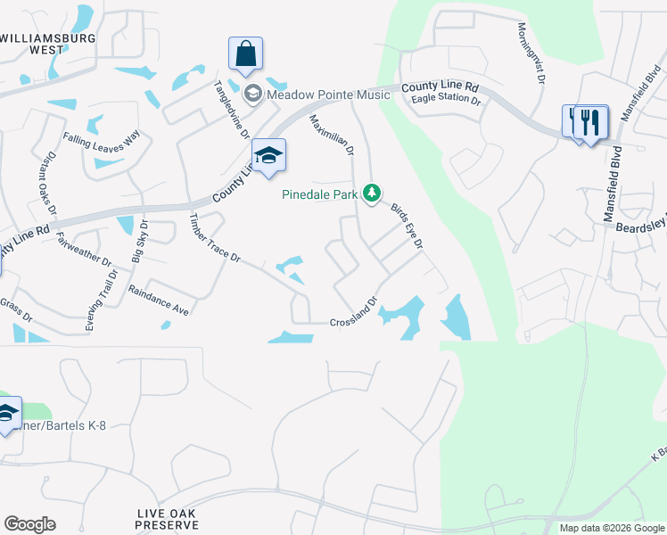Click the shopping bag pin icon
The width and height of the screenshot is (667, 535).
245,54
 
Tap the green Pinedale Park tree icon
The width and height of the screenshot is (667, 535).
372,193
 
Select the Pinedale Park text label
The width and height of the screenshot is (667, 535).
319,193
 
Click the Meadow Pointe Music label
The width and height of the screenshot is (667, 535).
328,95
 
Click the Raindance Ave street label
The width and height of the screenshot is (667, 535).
159,300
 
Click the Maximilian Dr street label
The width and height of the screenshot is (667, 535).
332,136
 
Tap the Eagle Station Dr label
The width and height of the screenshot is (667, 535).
446,100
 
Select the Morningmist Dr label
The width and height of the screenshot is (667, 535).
528,53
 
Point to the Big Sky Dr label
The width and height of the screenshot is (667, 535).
141,245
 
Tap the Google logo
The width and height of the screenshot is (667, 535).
29,524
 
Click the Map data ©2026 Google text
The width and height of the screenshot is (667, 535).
611,528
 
